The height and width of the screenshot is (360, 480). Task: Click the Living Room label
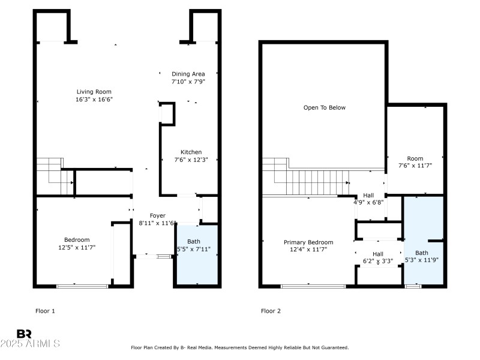(95, 92)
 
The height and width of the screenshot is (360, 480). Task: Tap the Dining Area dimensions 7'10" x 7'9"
(188, 82)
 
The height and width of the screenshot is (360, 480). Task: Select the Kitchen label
(191, 152)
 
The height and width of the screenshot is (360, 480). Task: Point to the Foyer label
(157, 215)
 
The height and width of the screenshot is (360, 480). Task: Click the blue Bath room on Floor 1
(195, 255)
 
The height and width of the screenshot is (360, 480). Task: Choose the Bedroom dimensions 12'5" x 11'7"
(77, 247)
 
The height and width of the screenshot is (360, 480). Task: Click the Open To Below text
(324, 108)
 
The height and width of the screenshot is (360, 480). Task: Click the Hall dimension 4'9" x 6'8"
(368, 203)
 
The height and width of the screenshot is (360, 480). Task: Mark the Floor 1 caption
(45, 311)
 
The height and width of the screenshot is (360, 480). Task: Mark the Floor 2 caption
(271, 311)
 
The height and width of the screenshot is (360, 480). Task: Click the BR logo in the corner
(24, 333)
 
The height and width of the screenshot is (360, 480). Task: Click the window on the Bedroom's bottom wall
(82, 286)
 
